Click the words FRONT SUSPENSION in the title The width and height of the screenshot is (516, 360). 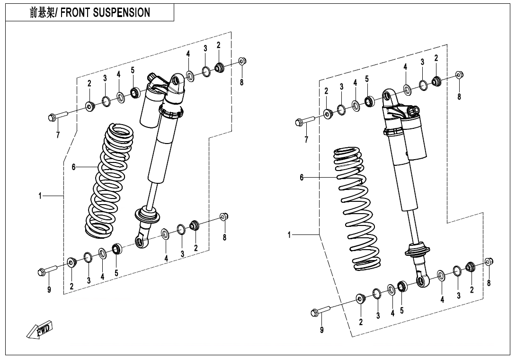[107, 13]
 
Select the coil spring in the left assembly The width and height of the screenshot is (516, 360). [110, 180]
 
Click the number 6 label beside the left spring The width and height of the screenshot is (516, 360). [74, 167]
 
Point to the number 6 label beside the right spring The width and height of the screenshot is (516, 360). [302, 177]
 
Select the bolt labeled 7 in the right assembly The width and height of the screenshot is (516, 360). [303, 121]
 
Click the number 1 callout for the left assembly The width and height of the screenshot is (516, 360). [41, 195]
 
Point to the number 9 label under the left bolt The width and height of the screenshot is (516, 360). [49, 289]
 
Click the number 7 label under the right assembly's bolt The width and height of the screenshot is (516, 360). [306, 139]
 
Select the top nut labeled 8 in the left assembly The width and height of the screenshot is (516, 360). [241, 61]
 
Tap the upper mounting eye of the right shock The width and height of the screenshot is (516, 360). [387, 96]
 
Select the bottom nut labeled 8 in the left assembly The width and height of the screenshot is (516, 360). [224, 217]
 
